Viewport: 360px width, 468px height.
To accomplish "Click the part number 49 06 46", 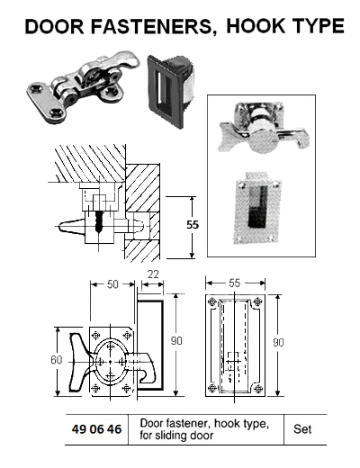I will click(x=96, y=430).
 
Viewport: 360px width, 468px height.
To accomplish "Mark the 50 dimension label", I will click(x=112, y=284).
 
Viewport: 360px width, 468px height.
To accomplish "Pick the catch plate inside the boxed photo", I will click(x=256, y=211).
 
